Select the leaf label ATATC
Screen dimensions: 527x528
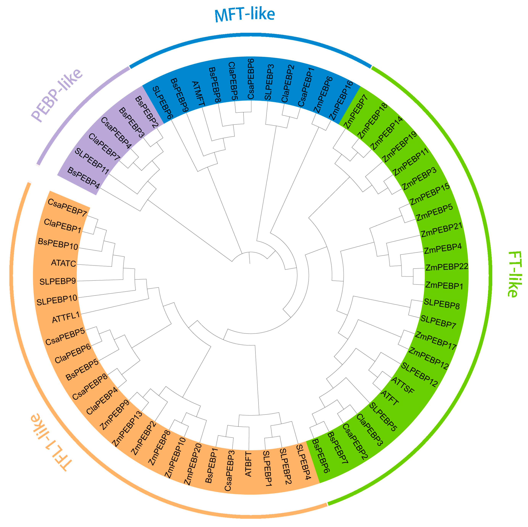(x=63, y=263)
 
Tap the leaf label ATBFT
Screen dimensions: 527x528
(x=248, y=464)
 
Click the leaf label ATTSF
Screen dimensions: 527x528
(x=403, y=385)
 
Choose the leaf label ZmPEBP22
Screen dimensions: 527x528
(x=447, y=267)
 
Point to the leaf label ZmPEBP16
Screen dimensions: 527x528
(x=341, y=101)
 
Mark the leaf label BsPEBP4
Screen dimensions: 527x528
(x=83, y=178)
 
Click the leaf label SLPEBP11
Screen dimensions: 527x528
(x=92, y=161)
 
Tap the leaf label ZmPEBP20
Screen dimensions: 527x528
(x=193, y=464)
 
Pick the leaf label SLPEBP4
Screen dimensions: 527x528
(x=303, y=462)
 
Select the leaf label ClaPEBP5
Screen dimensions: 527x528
(x=233, y=81)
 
